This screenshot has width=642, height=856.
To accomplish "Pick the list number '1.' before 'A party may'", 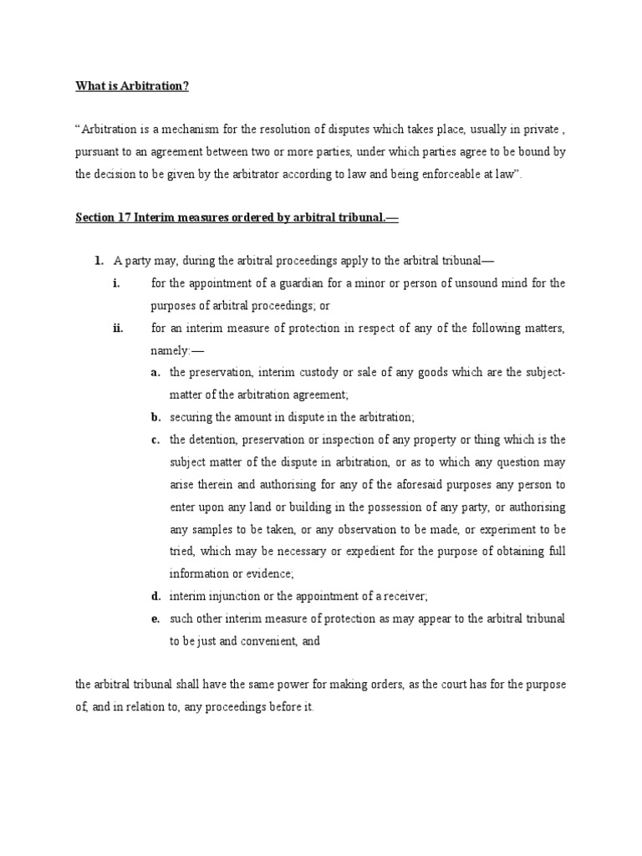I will (99, 261).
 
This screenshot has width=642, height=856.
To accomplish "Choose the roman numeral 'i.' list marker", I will (117, 283).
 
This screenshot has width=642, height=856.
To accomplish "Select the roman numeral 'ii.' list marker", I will (118, 328).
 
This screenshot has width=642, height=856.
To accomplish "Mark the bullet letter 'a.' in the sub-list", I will (155, 372).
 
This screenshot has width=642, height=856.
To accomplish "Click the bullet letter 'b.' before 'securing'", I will (155, 416).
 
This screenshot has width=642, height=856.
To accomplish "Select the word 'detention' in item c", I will (212, 439).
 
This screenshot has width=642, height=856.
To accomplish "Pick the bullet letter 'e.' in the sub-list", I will (155, 619).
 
